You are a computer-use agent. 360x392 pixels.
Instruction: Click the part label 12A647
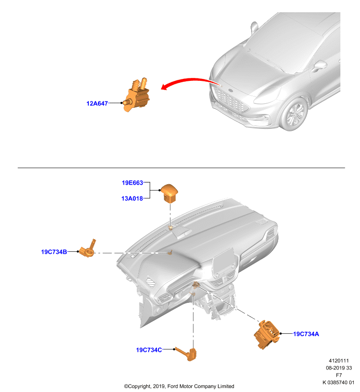[x=97, y=103]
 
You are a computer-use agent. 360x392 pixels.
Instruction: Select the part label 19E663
[x=132, y=183]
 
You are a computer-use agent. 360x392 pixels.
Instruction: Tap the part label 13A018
[x=132, y=198]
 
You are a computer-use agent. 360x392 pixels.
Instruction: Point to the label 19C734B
[x=54, y=252]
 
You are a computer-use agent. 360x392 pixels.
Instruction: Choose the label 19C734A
[x=306, y=334]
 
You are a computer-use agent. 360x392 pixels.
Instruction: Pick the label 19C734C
[x=149, y=350]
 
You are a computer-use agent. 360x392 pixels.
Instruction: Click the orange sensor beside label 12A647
[x=136, y=95]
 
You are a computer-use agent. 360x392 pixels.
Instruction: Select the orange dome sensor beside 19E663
[x=169, y=193]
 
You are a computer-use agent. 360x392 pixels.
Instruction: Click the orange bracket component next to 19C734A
[x=267, y=334]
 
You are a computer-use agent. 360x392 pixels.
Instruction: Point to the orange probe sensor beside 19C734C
[x=187, y=354]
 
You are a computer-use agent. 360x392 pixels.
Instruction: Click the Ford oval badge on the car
[x=231, y=91]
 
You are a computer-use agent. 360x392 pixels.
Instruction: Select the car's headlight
[x=267, y=96]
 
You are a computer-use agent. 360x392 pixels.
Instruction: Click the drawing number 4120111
[x=339, y=361]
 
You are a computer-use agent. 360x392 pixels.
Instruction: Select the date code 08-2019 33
[x=339, y=368]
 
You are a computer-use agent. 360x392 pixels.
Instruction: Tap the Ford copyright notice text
[x=179, y=386]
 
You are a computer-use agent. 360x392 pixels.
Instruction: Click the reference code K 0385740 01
[x=338, y=383]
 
